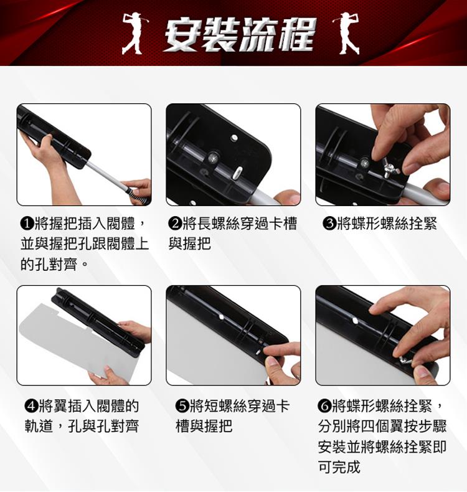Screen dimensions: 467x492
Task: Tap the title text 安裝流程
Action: [x=239, y=34]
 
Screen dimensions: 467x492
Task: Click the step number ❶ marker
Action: [x=27, y=224]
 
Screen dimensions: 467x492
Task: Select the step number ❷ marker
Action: [x=175, y=224]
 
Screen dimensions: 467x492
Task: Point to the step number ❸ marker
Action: [x=329, y=224]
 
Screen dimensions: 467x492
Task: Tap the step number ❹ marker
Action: [x=31, y=406]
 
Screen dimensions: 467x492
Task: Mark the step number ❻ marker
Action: [x=324, y=406]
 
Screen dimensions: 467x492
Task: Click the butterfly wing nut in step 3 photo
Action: [x=389, y=168]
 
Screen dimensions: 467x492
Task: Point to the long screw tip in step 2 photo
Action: [x=237, y=173]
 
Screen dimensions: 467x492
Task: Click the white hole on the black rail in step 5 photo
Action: [x=222, y=317]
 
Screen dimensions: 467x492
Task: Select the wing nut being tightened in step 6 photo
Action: [x=406, y=360]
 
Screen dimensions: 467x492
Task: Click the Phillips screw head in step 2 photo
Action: [x=214, y=157]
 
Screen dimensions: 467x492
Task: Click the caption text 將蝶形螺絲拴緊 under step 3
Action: [x=387, y=224]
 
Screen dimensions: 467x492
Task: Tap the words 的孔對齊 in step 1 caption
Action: [x=49, y=265]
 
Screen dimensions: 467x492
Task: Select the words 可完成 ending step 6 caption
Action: [x=339, y=466]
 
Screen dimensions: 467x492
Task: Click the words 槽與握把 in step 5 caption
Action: [x=204, y=426]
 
